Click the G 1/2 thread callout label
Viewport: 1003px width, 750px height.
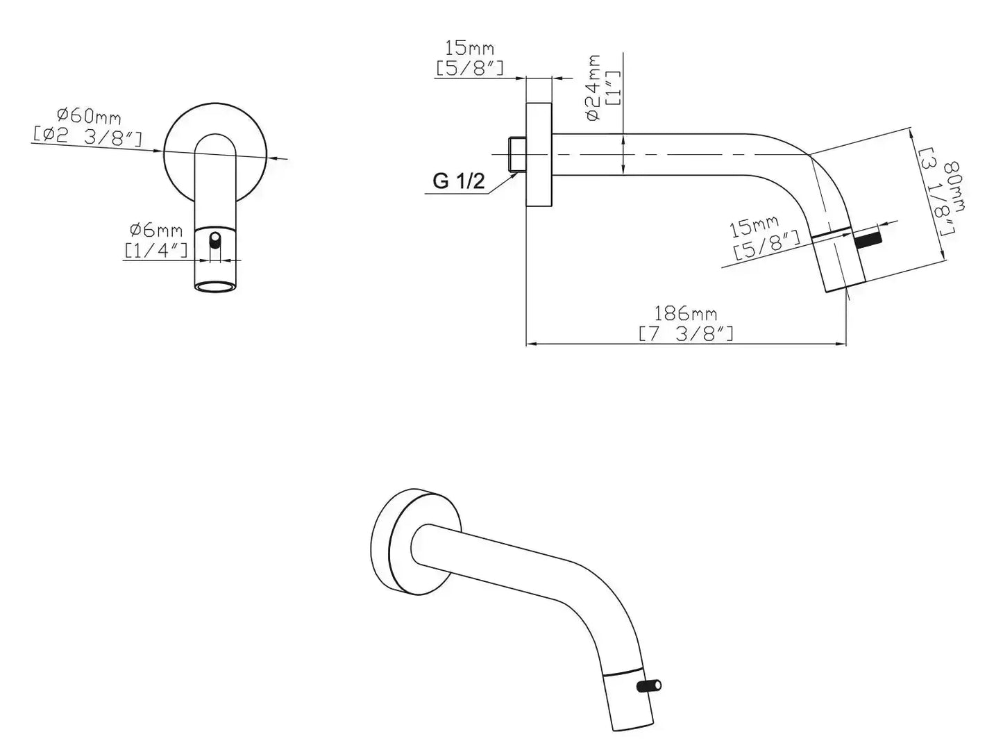click(x=458, y=181)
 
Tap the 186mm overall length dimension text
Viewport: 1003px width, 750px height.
click(x=685, y=314)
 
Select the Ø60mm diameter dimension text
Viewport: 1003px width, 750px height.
click(x=89, y=116)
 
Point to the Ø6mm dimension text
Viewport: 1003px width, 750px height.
click(x=155, y=230)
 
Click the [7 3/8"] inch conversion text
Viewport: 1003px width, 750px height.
click(x=686, y=334)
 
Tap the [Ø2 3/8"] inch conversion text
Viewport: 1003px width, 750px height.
click(x=87, y=136)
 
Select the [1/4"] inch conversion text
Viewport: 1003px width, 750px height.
click(x=155, y=251)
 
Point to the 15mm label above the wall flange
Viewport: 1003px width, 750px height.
click(x=470, y=47)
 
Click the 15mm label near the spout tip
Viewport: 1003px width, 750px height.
click(x=753, y=227)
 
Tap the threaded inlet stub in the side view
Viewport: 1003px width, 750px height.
click(x=517, y=155)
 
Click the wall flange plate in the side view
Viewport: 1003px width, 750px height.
click(x=539, y=155)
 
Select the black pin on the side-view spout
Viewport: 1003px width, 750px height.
click(x=869, y=240)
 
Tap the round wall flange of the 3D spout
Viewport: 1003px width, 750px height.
click(x=415, y=542)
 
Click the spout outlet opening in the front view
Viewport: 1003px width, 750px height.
click(x=215, y=287)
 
